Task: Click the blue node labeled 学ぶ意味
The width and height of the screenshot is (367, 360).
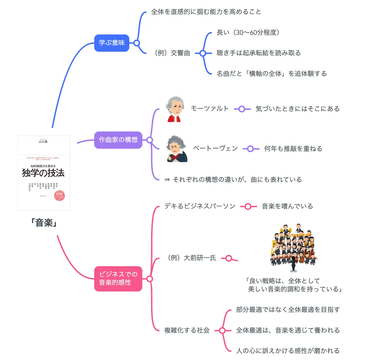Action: [112, 43]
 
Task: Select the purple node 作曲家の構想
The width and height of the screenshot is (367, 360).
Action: [118, 140]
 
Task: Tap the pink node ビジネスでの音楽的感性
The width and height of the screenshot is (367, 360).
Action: [118, 278]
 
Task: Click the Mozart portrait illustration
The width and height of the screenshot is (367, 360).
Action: [175, 110]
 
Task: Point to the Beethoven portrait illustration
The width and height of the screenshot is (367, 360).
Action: [177, 149]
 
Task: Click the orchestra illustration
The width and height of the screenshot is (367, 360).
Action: [294, 248]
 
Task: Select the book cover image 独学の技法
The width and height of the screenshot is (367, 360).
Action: [44, 173]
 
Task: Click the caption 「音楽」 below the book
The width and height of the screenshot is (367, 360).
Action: [44, 223]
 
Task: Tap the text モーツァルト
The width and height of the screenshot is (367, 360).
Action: [209, 109]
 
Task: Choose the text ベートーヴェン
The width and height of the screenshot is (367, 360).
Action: [215, 148]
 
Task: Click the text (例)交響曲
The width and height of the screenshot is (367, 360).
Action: [172, 53]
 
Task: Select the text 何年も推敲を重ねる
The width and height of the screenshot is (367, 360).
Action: [293, 149]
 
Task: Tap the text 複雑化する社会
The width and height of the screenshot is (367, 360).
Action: [187, 330]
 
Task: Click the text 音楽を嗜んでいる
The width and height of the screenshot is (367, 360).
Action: [287, 206]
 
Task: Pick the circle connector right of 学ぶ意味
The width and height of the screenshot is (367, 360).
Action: [137, 43]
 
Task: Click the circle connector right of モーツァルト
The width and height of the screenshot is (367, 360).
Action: [242, 109]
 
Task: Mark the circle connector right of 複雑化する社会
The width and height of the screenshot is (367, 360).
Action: [222, 331]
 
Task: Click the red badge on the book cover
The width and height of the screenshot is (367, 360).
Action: [59, 196]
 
